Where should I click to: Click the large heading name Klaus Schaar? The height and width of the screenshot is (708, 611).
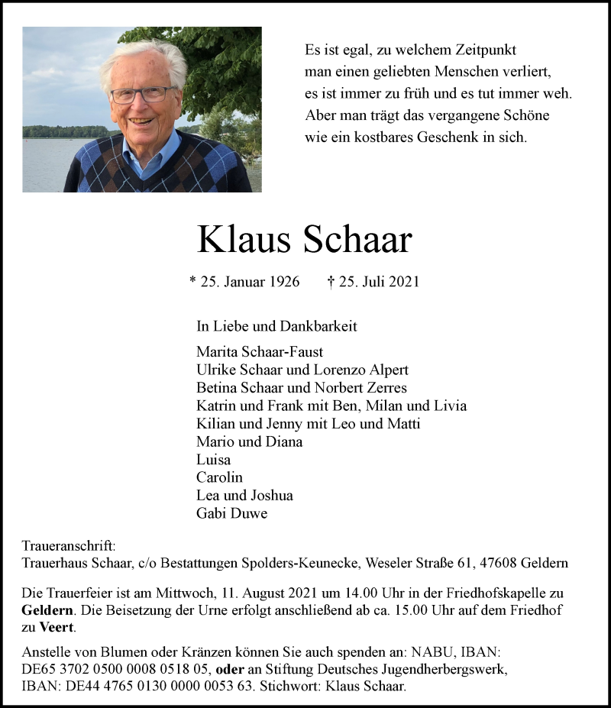click(x=304, y=240)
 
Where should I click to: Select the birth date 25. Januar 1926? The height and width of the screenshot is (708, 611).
click(x=244, y=282)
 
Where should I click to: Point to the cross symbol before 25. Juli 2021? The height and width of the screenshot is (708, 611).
click(x=331, y=282)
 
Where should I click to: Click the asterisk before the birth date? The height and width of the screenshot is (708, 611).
click(x=192, y=281)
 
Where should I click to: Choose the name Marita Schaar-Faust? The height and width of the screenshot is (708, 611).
click(x=260, y=352)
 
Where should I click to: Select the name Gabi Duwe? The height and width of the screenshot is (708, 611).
click(x=231, y=513)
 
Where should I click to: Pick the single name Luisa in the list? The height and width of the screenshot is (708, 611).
click(x=213, y=460)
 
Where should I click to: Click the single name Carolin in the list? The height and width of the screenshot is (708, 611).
click(x=220, y=477)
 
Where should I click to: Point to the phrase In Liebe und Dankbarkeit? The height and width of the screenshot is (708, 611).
click(x=276, y=326)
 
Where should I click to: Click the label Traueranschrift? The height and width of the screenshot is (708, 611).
click(x=69, y=546)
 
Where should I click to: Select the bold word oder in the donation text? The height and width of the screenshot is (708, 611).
click(x=231, y=669)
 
